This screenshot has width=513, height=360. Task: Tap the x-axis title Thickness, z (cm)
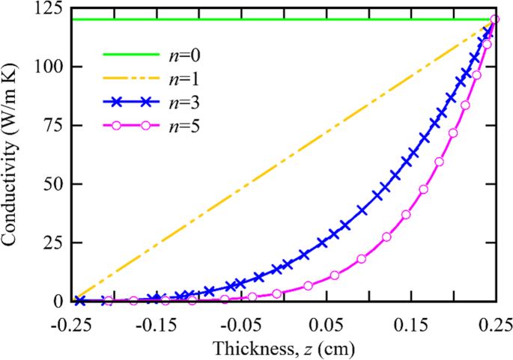coord(283,348)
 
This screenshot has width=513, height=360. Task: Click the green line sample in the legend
coord(130,56)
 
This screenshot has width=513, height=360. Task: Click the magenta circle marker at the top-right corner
coord(494,19)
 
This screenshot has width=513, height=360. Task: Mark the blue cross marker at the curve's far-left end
coord(80,301)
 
